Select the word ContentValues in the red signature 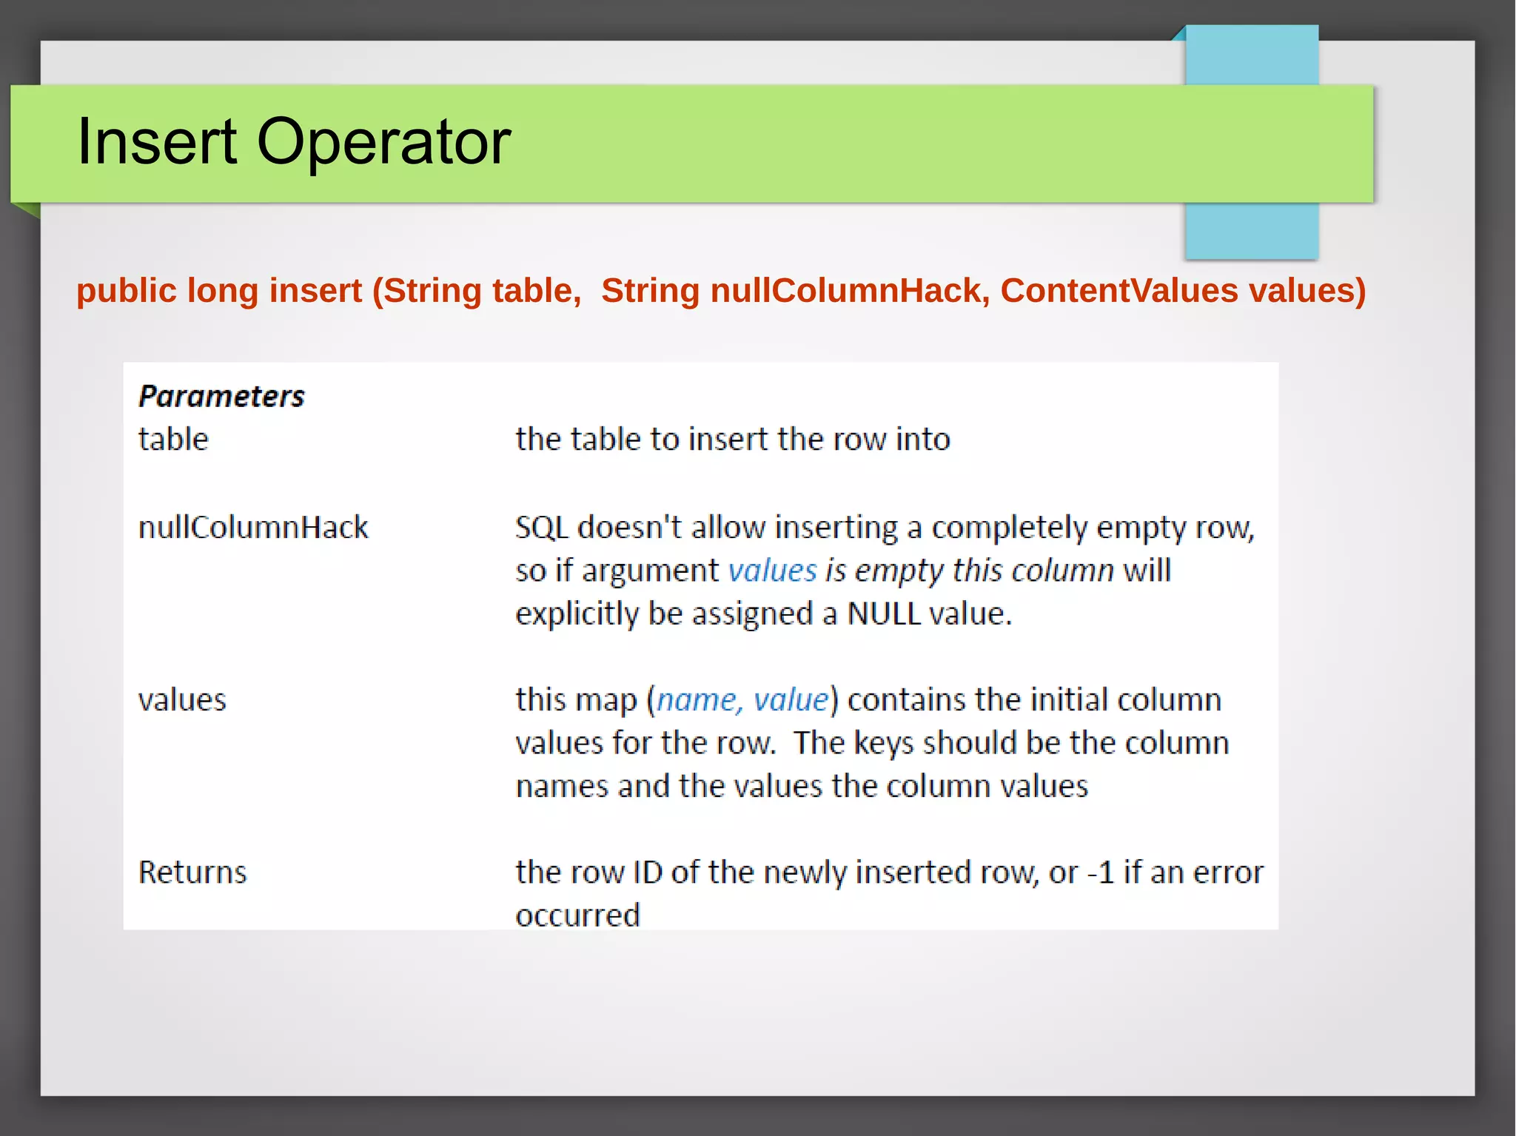pos(1118,290)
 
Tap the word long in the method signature pos(222,290)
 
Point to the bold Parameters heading pos(221,397)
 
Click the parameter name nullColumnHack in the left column pos(253,528)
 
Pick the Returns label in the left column pos(192,873)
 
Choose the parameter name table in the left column pos(173,440)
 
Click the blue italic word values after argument pos(772,571)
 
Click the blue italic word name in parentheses pos(696,700)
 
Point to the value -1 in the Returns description pos(1101,873)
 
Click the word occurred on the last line pos(577,915)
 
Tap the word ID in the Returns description pos(648,873)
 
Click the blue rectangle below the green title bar pos(1251,231)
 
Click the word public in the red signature pos(126,290)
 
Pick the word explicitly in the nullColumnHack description pos(577,614)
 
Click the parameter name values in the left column pos(182,700)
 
